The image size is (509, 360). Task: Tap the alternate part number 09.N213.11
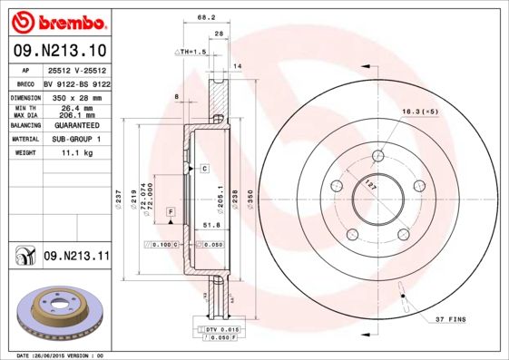77,257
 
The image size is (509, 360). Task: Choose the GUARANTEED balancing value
76,126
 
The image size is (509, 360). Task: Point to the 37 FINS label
452,319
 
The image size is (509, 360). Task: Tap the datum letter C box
205,169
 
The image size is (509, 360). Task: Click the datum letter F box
170,211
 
